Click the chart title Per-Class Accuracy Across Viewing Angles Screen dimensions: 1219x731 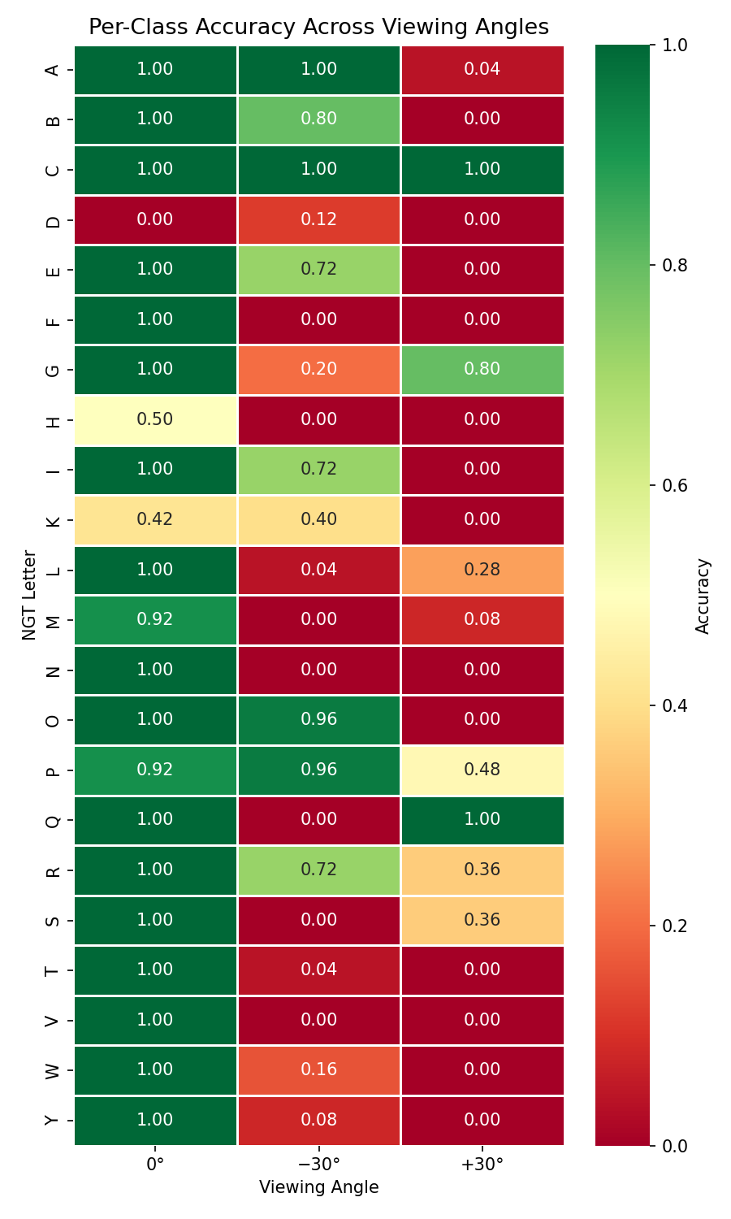(x=318, y=28)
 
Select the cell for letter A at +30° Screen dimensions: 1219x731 (x=482, y=69)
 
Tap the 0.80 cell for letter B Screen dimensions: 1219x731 (x=318, y=119)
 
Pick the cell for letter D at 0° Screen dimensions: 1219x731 (x=155, y=219)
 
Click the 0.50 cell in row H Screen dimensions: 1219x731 (x=155, y=419)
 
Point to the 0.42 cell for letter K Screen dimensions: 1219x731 (x=155, y=519)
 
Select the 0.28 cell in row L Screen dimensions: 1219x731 (x=482, y=570)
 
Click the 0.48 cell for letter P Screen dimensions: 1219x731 (x=482, y=770)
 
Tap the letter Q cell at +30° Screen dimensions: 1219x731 (x=482, y=819)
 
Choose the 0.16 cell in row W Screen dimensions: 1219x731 (x=318, y=1069)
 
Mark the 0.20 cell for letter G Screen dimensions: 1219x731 (x=318, y=369)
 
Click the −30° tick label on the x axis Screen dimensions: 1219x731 (x=318, y=1164)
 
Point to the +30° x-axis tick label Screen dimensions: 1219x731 (x=482, y=1164)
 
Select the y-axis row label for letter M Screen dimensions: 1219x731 (x=53, y=620)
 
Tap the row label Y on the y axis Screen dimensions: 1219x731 (x=53, y=1120)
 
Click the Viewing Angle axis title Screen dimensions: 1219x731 (x=318, y=1187)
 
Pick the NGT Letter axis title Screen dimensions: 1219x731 (x=29, y=595)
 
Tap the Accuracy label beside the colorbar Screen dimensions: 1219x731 (x=703, y=595)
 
